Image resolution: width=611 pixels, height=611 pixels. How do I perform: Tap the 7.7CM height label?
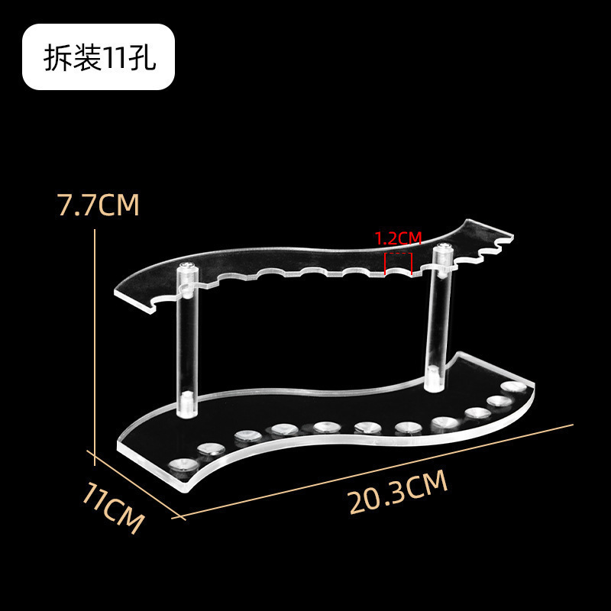click(99, 205)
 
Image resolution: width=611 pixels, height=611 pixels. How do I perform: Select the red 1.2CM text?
click(398, 238)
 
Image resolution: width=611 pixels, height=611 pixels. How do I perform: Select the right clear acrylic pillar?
click(438, 313)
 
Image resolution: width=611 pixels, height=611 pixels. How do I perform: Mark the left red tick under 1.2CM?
click(386, 264)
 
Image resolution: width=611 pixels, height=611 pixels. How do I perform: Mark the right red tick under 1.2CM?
click(412, 263)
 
